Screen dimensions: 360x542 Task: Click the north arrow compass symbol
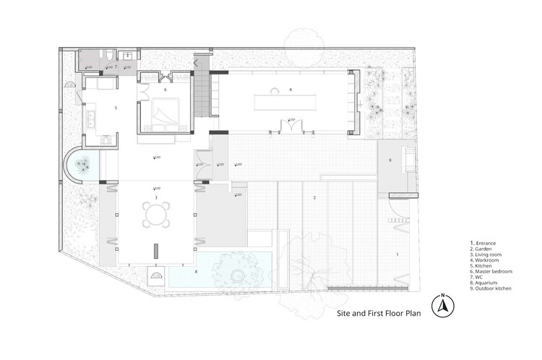pos(441,307)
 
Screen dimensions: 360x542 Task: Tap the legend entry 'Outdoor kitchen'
pos(494,288)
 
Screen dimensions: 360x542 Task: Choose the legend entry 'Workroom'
pos(488,260)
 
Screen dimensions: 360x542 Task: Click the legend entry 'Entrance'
pos(486,242)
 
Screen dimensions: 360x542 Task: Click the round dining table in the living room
pos(155,215)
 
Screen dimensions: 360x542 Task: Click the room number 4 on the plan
pos(290,89)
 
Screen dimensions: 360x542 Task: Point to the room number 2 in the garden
pos(314,197)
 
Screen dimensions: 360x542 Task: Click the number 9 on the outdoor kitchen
pos(390,160)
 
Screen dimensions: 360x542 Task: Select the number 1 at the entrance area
pos(396,254)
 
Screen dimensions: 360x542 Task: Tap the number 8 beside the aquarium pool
pos(195,271)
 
